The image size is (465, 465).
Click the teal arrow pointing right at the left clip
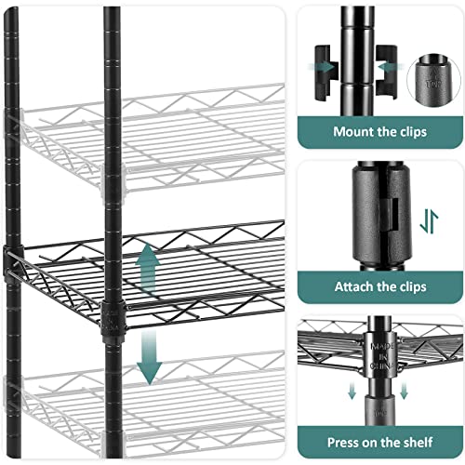click(326, 66)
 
